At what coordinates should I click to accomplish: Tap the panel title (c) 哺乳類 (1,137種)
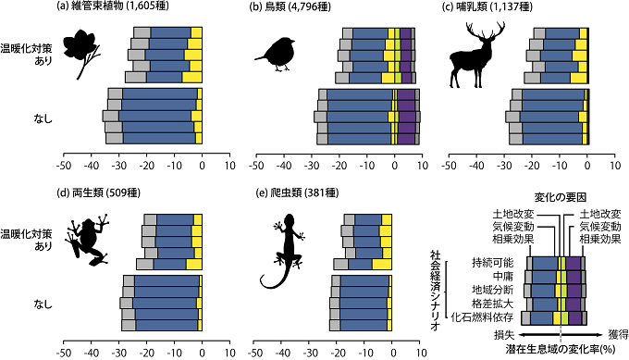(500, 8)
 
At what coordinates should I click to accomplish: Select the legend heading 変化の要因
(560, 197)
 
